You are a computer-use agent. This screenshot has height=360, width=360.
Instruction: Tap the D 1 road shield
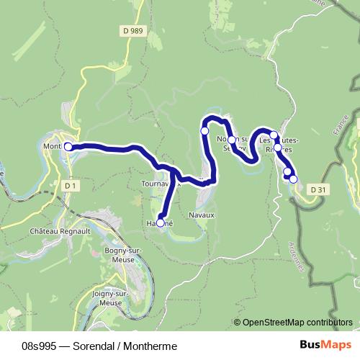click(70, 185)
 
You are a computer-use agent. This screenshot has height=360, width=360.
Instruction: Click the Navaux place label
click(201, 215)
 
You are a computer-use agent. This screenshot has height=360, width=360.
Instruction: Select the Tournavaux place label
click(158, 183)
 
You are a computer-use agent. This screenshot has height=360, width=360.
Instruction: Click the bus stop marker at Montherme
click(68, 146)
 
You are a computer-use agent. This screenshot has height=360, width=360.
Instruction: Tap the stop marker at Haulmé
click(161, 223)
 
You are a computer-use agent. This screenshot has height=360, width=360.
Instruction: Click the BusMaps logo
click(326, 344)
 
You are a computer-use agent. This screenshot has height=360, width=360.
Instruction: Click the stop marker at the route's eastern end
click(293, 179)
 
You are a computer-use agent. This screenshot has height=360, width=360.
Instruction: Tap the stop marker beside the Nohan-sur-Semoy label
click(232, 140)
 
